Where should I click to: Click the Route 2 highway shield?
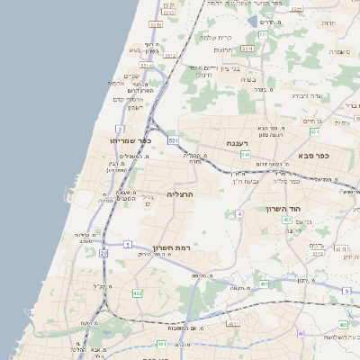[x=120, y=129]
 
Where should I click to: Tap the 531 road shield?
[x=172, y=141]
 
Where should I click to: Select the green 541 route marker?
[x=245, y=155]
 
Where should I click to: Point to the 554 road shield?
[x=314, y=131]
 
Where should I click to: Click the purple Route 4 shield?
[x=240, y=213]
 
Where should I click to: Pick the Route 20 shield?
[x=103, y=254]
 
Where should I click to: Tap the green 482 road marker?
[x=138, y=293]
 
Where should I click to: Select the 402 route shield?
[x=287, y=219]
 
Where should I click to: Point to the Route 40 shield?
[x=301, y=334]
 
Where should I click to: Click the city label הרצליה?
[x=180, y=193]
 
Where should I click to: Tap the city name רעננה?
[x=237, y=142]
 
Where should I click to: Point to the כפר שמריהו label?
[x=130, y=141]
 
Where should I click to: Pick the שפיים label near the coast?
[x=131, y=76]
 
